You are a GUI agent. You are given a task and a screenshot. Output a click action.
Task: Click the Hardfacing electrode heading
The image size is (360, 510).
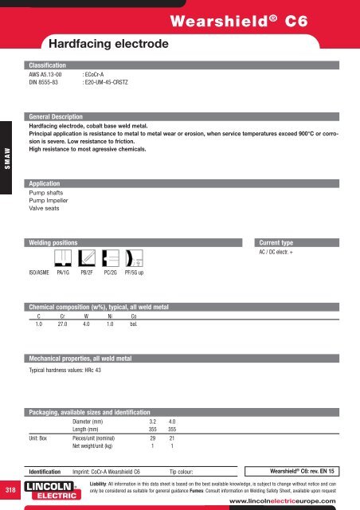click(x=107, y=42)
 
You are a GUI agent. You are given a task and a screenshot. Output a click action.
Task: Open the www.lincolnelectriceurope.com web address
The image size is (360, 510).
click(x=291, y=502)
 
